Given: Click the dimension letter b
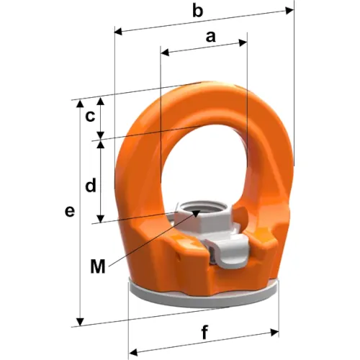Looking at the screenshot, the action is [198, 12].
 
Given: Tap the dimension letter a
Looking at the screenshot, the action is [210, 37].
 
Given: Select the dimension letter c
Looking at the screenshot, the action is [91, 117].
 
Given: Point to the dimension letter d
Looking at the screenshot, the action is [91, 186].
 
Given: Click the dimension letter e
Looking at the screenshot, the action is [70, 212].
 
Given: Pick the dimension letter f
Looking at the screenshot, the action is [204, 332].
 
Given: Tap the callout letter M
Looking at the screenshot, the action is [98, 266].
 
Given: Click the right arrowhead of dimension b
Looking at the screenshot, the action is [289, 11].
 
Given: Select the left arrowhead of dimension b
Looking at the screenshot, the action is [118, 32].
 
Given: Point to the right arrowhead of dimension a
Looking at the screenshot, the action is [243, 42].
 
